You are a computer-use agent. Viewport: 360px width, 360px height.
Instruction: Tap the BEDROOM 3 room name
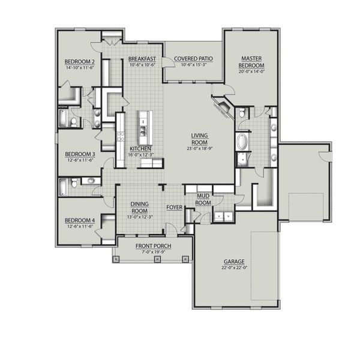79,154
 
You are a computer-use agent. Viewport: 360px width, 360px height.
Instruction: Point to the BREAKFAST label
142,59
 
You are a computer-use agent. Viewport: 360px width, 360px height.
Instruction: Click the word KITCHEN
140,148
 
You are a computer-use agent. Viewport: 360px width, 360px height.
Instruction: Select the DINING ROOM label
140,208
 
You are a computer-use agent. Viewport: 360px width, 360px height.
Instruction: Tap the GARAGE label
234,262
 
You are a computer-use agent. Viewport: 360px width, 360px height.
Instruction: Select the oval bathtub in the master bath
243,143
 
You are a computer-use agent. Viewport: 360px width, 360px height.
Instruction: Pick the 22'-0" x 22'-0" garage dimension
234,269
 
